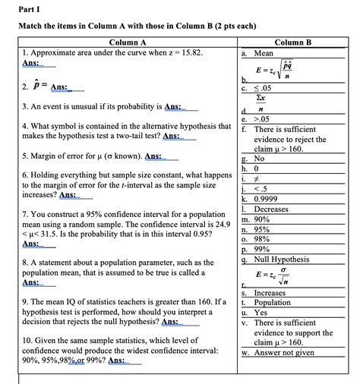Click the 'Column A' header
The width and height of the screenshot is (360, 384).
(x=127, y=43)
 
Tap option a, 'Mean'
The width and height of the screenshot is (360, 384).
(x=264, y=54)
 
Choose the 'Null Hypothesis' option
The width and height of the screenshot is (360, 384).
(x=281, y=258)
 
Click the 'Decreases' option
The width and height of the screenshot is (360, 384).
(x=272, y=209)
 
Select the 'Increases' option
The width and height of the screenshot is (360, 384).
(x=270, y=292)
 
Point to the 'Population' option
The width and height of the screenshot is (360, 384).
(x=273, y=301)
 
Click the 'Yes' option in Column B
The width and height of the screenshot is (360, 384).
(x=261, y=312)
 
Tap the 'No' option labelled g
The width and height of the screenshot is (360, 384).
(x=259, y=159)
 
